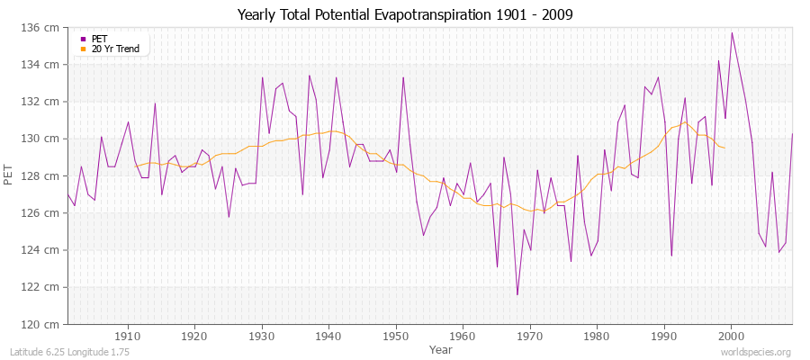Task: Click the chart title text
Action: [x=404, y=14]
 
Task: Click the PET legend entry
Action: [x=99, y=39]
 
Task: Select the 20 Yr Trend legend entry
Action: [x=115, y=49]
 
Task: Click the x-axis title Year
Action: [x=441, y=348]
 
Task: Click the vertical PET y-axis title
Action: [x=10, y=175]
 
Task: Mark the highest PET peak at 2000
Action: [x=732, y=33]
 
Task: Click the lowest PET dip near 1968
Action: [x=517, y=294]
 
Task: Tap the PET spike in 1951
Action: [x=403, y=77]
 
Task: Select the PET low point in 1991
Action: [x=671, y=256]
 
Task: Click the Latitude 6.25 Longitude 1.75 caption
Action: [x=69, y=352]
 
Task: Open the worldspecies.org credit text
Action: [x=755, y=352]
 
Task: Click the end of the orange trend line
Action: [x=724, y=148]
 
